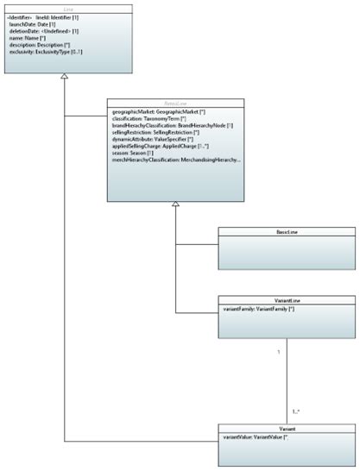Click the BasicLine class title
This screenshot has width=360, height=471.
[x=287, y=232]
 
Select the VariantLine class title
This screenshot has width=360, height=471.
[x=287, y=301]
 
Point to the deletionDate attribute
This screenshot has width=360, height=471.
[x=35, y=31]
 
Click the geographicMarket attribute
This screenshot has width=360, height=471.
[x=155, y=112]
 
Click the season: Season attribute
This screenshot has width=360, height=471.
[x=139, y=154]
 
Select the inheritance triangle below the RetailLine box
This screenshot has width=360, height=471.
[x=175, y=204]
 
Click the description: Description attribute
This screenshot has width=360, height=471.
[x=41, y=46]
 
